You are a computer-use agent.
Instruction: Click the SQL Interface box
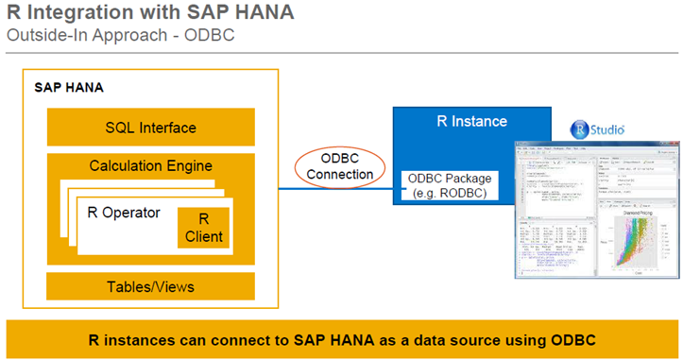pyautogui.click(x=151, y=128)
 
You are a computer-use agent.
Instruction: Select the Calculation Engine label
pyautogui.click(x=151, y=166)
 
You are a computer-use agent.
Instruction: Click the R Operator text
pyautogui.click(x=124, y=212)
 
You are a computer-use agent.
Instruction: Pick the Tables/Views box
pyautogui.click(x=151, y=285)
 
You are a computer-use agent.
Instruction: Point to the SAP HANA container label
pyautogui.click(x=69, y=87)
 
